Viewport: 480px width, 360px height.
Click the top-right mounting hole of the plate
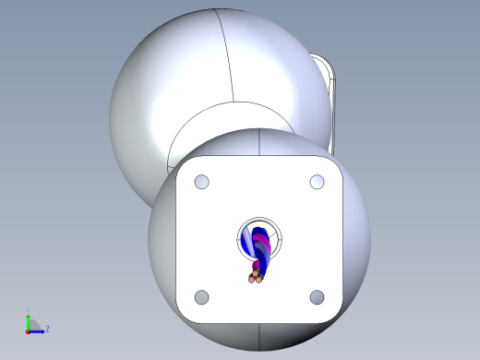[317, 182]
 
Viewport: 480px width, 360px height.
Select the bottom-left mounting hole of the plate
[202, 297]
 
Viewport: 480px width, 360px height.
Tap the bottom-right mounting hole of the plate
[317, 297]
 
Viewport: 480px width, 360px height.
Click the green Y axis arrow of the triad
[29, 319]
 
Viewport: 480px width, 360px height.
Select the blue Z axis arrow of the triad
[38, 330]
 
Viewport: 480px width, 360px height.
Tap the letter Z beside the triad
[47, 329]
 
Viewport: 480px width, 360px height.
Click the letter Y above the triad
[29, 311]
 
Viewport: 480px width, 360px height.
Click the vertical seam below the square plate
[259, 336]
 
